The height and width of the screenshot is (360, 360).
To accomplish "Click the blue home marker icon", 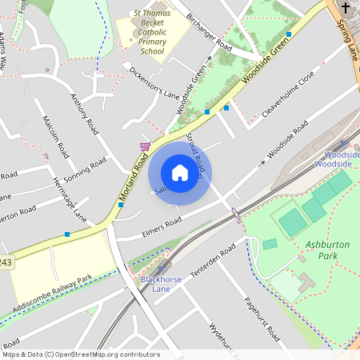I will click(180, 173).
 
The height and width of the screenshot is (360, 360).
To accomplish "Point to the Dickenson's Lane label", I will click(154, 82).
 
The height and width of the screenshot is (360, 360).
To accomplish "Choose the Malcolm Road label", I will click(56, 141).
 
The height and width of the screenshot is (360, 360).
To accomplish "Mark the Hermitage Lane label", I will click(69, 199).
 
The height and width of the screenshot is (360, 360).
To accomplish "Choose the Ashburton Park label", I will click(328, 250).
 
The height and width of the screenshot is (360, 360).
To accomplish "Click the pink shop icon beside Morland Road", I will click(145, 146).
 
